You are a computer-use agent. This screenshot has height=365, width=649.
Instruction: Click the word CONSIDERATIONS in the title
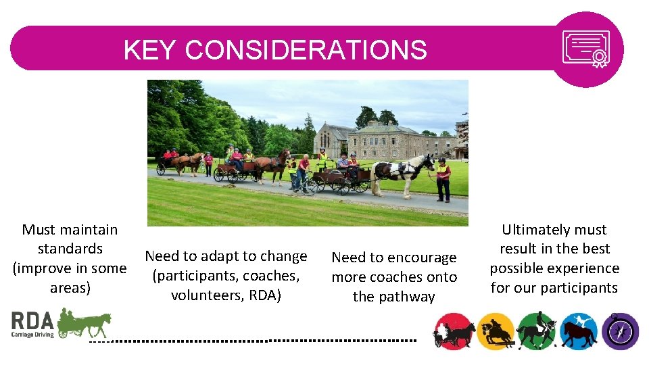(306, 50)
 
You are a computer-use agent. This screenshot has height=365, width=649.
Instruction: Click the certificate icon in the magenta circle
(586, 49)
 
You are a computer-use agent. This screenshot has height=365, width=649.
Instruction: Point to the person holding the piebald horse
(443, 179)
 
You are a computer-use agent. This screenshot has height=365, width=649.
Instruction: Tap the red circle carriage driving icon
(453, 332)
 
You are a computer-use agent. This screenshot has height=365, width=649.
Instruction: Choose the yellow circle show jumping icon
(496, 332)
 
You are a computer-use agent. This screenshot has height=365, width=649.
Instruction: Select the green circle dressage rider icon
(537, 332)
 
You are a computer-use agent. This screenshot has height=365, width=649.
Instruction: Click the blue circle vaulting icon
(579, 332)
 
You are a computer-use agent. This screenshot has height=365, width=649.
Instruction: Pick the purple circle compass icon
(620, 332)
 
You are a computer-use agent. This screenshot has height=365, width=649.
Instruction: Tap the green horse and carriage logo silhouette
(84, 322)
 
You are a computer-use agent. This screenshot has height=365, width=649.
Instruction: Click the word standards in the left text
(70, 249)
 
